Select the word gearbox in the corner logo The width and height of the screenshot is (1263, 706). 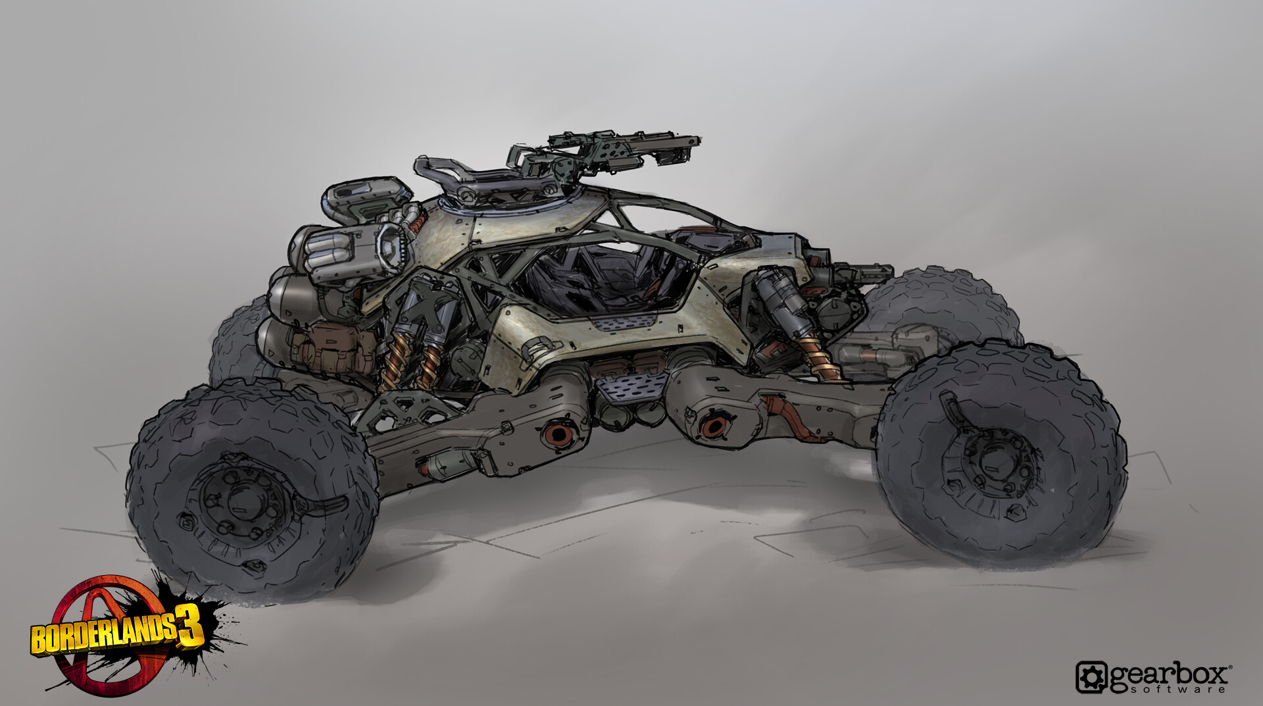pos(1168,674)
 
